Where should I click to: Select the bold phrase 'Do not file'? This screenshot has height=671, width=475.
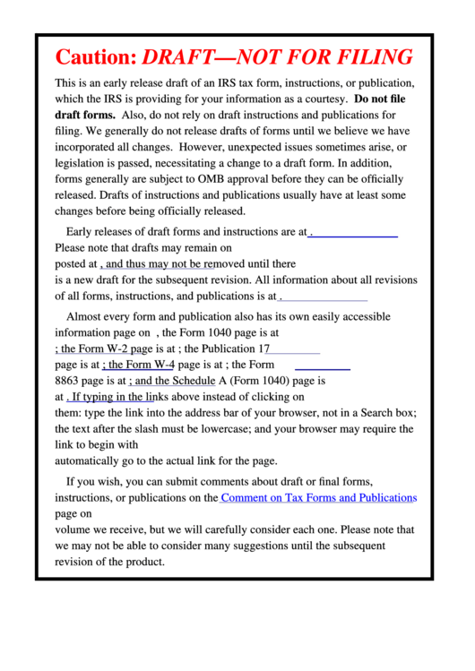380,99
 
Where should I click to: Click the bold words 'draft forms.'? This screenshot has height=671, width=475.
85,115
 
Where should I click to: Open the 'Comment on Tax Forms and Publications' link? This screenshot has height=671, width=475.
318,498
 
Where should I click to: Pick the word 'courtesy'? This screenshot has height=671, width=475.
323,99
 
